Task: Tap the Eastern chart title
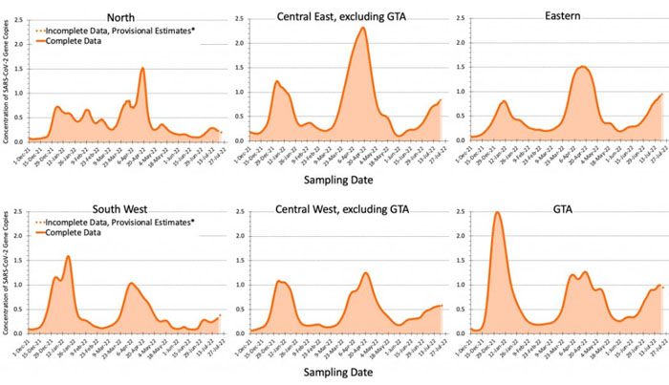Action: (561, 16)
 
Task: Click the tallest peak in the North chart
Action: (142, 68)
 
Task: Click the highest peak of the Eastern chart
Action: (582, 67)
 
